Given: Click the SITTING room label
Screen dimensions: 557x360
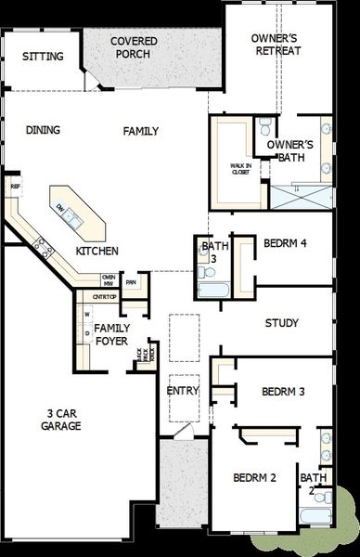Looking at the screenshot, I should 44,57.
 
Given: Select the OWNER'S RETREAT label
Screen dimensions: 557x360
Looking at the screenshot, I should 277,44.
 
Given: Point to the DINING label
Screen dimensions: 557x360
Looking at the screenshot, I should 44,131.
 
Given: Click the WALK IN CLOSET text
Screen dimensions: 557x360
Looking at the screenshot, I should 242,169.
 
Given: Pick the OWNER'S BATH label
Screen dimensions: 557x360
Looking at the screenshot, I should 290,151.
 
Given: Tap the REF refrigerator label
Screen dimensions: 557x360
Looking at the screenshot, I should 15,186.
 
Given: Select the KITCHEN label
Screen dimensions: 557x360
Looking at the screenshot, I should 96,252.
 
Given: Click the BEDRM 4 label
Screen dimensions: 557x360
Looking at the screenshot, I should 285,243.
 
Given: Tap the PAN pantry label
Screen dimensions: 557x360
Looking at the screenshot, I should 131,281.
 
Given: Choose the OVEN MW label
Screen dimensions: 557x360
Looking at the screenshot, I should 109,280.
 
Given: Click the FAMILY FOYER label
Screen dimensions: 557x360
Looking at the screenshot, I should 111,334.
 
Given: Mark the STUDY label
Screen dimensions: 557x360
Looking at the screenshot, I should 281,324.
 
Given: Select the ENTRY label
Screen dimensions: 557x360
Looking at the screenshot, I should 183,391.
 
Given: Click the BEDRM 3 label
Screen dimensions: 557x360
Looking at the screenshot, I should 283,391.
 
